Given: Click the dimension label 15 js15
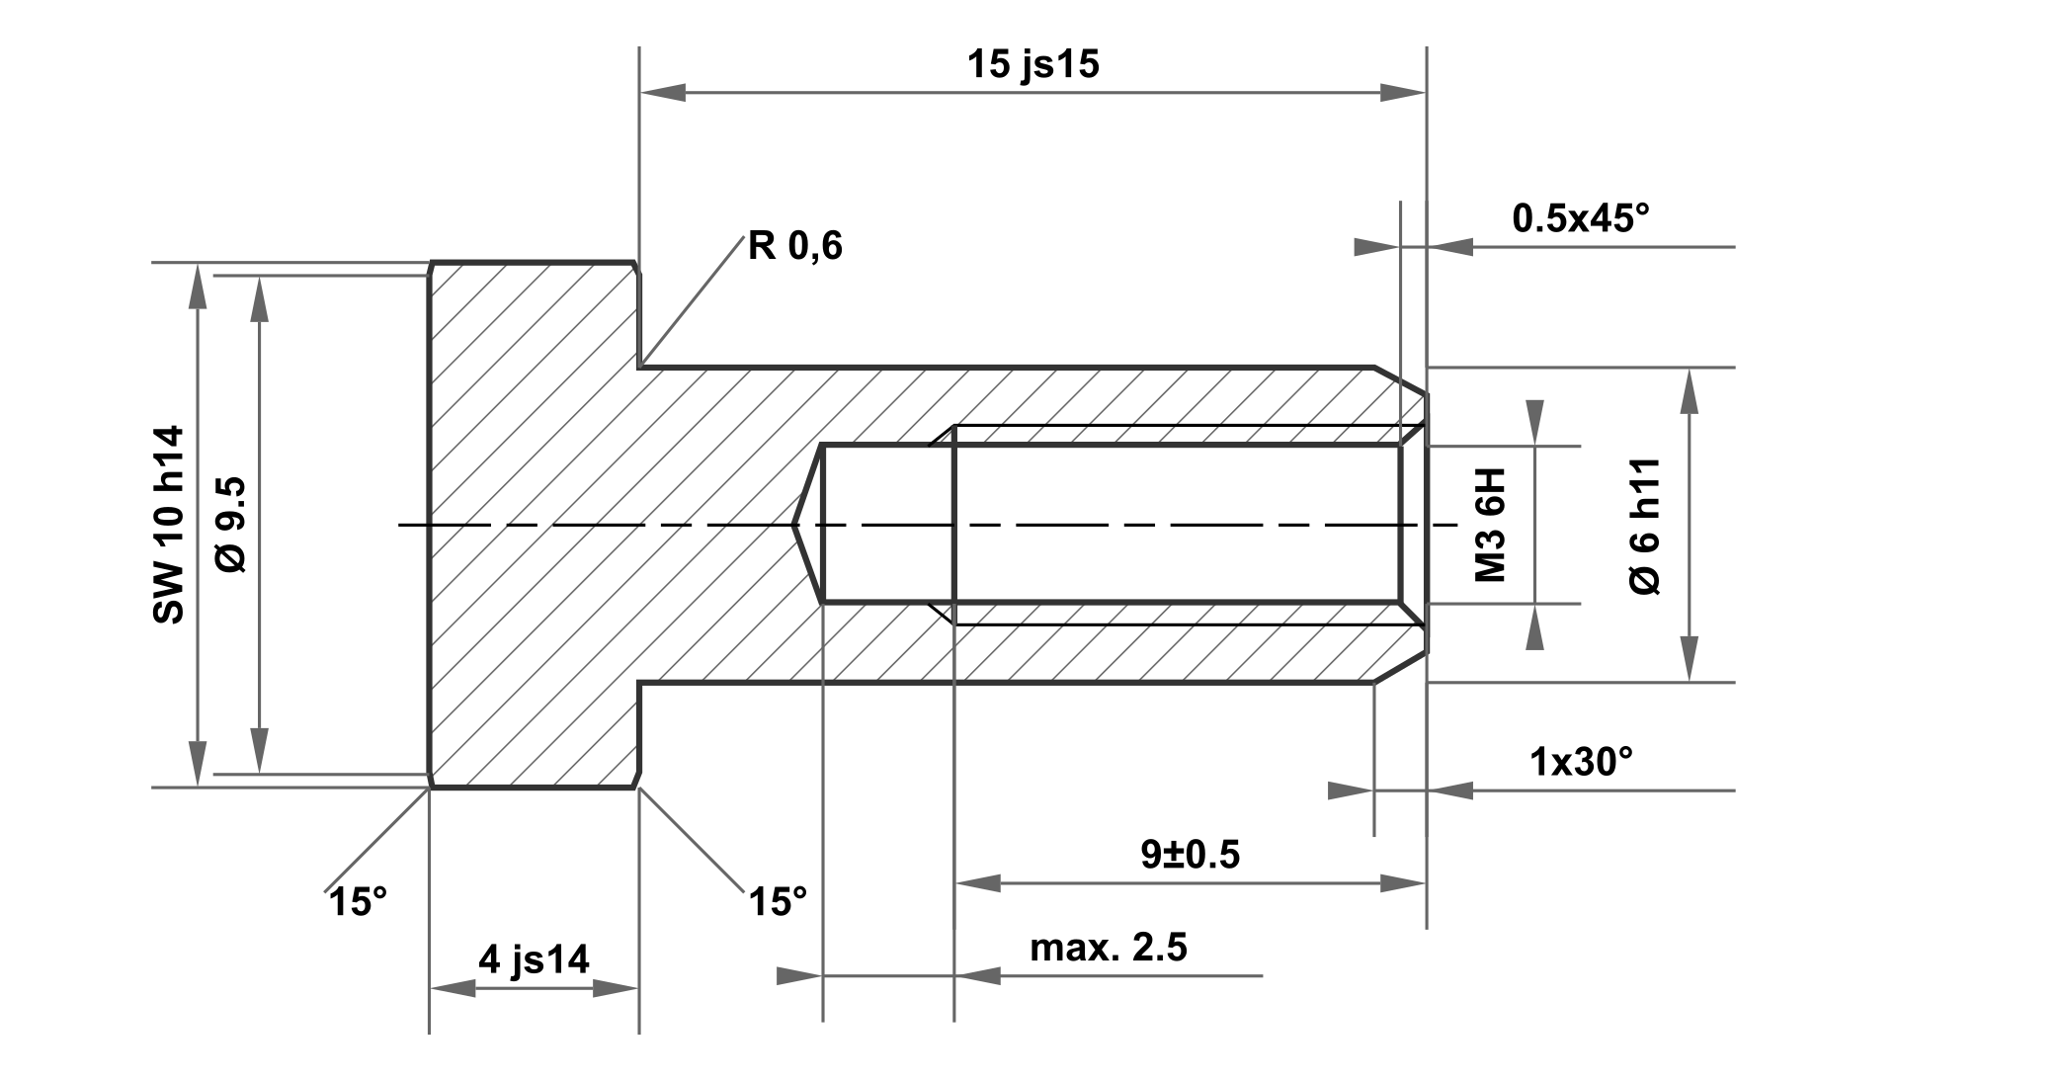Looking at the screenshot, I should point(1032,65).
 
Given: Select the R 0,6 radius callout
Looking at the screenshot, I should point(794,245).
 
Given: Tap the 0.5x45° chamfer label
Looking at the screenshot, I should point(1581,218).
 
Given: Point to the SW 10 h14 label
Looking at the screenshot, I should point(169,525).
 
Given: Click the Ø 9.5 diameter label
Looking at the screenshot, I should point(232,525).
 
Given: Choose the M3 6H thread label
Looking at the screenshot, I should point(1490,525).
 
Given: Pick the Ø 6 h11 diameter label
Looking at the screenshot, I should point(1645,526).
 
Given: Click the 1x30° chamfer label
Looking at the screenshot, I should point(1581,762).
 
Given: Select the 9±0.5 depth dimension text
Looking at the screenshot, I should point(1190,855).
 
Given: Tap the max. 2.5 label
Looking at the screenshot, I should point(1108,948).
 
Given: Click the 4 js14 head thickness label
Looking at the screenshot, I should point(534,959).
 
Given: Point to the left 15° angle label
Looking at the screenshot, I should point(358,902).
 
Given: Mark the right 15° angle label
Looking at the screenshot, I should point(778,902).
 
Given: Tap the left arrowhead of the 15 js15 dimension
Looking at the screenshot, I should point(662,94).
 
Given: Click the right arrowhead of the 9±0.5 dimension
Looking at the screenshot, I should point(1403,882).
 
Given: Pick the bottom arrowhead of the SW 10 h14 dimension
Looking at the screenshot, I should point(199,764).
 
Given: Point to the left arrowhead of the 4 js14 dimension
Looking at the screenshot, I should point(453,988).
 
